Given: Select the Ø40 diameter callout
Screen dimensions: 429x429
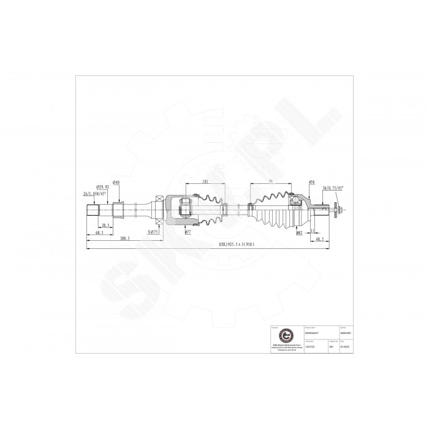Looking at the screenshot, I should (x=116, y=183).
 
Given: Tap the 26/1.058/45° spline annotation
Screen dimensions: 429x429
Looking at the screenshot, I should (x=94, y=193).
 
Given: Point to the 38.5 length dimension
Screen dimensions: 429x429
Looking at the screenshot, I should (x=106, y=226).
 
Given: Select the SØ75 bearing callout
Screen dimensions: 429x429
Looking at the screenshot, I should (x=153, y=233).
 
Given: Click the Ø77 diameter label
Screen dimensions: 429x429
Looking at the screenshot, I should (x=188, y=233).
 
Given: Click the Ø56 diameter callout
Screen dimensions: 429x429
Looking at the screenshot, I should (x=312, y=182).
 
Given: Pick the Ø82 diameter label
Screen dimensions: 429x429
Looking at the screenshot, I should (x=300, y=233).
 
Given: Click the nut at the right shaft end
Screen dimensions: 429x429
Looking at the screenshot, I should (x=338, y=211).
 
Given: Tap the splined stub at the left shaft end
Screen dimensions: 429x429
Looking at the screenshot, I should (x=92, y=211).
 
